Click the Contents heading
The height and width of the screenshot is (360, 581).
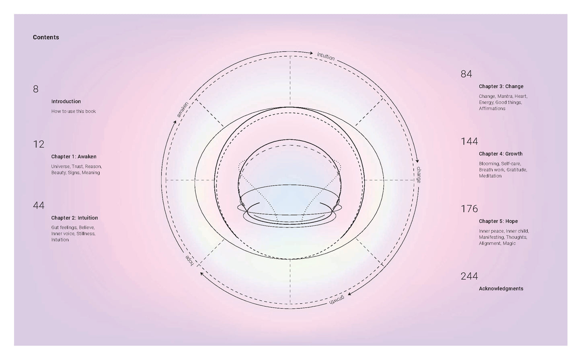tap(46, 37)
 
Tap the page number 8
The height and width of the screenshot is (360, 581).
tap(36, 89)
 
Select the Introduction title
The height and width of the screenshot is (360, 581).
tap(66, 101)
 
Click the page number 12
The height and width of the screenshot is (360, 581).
tap(39, 144)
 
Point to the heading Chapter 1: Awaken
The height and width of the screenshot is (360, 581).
tap(74, 157)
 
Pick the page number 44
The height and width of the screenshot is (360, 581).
tap(39, 206)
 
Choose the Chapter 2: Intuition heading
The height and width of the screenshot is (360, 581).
tap(74, 218)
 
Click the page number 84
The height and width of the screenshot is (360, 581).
tap(466, 74)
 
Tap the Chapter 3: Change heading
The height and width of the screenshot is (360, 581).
tap(501, 86)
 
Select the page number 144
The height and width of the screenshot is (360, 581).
tap(469, 141)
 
